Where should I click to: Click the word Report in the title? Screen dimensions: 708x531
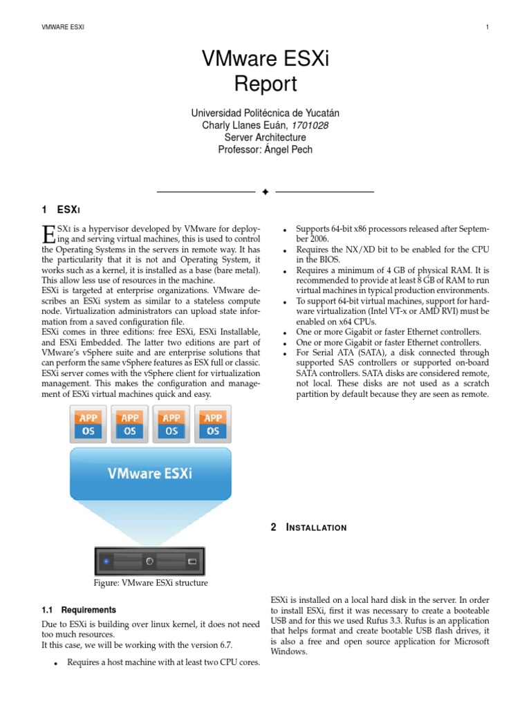point(265,84)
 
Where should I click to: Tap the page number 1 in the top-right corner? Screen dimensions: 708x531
point(487,27)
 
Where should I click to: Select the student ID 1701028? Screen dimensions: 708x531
point(310,125)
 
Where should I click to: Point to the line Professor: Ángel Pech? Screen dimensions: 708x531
point(265,149)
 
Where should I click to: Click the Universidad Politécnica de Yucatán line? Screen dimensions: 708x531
point(265,113)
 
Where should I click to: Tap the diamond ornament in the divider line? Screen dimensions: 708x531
point(265,192)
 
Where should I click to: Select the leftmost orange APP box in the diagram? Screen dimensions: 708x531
point(88,418)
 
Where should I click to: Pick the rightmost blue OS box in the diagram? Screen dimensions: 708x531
point(213,431)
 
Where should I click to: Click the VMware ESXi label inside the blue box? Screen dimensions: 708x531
point(150,474)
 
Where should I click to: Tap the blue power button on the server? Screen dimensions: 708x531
point(106,561)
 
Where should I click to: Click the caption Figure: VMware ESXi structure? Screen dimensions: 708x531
point(150,584)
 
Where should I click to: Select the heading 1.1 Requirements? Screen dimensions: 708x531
point(79,610)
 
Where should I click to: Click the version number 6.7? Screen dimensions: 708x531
point(222,645)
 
